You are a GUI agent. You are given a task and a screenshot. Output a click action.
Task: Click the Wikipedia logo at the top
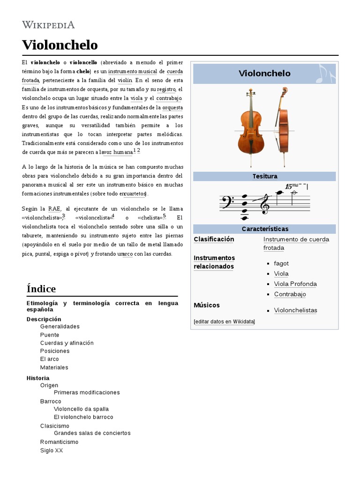pos(48,25)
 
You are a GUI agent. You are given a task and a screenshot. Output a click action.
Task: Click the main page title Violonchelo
pos(60,45)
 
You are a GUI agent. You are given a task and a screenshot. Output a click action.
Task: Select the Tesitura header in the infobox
pos(265,176)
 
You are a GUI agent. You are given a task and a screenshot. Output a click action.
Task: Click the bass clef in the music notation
pos(226,202)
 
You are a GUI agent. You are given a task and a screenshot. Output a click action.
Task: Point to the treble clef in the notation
pos(265,203)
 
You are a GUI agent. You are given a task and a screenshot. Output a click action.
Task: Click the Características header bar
pos(265,229)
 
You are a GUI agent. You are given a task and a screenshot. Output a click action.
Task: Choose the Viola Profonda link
pos(295,284)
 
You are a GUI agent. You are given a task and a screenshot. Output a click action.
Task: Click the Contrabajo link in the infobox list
pos(290,294)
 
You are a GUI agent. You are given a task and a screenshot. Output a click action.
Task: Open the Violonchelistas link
pos(295,310)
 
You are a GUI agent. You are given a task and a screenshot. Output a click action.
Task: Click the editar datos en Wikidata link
pos(224,322)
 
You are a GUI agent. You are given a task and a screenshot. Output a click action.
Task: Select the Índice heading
pos(41,288)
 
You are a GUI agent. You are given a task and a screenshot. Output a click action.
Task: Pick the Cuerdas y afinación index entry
pos(67,343)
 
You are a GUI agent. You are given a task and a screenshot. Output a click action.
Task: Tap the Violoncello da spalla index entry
pos(81,409)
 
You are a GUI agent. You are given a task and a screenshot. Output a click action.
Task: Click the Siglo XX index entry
pos(52,450)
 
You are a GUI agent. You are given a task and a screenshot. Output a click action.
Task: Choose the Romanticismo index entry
pos(60,442)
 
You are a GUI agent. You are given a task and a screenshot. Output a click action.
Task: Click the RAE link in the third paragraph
pos(54,209)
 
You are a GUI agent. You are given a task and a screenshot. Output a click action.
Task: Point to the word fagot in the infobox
pos(281,263)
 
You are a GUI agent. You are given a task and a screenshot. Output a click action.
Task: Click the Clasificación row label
pos(214,239)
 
